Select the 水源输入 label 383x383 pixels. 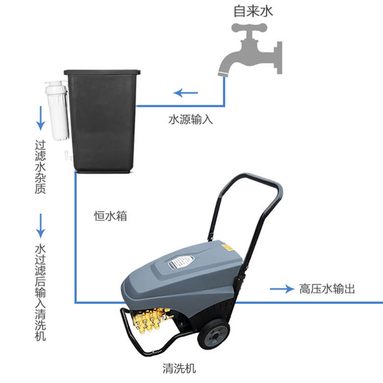[190, 119]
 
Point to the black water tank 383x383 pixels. [102, 120]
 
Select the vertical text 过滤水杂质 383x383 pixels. [41, 167]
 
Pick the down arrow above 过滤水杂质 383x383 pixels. [41, 117]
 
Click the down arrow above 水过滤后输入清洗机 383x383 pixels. [41, 225]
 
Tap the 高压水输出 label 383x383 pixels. [327, 289]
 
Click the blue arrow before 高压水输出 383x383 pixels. [281, 289]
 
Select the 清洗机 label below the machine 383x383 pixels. [180, 368]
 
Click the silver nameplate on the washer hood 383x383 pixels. [182, 262]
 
